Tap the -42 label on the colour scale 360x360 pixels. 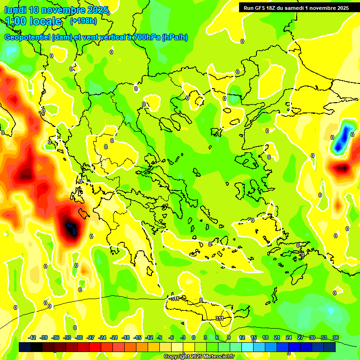coord(32,337)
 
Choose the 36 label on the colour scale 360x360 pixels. coord(336,337)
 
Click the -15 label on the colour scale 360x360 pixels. coord(137,337)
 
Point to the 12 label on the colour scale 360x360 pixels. coord(241,337)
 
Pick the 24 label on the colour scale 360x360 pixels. coord(288,337)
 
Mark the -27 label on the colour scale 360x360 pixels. coord(90,337)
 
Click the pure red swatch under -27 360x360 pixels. coord(95,347)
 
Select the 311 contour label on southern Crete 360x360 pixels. coord(219,318)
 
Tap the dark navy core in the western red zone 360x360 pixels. coord(71,229)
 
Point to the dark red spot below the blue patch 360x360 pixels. coord(341,168)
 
